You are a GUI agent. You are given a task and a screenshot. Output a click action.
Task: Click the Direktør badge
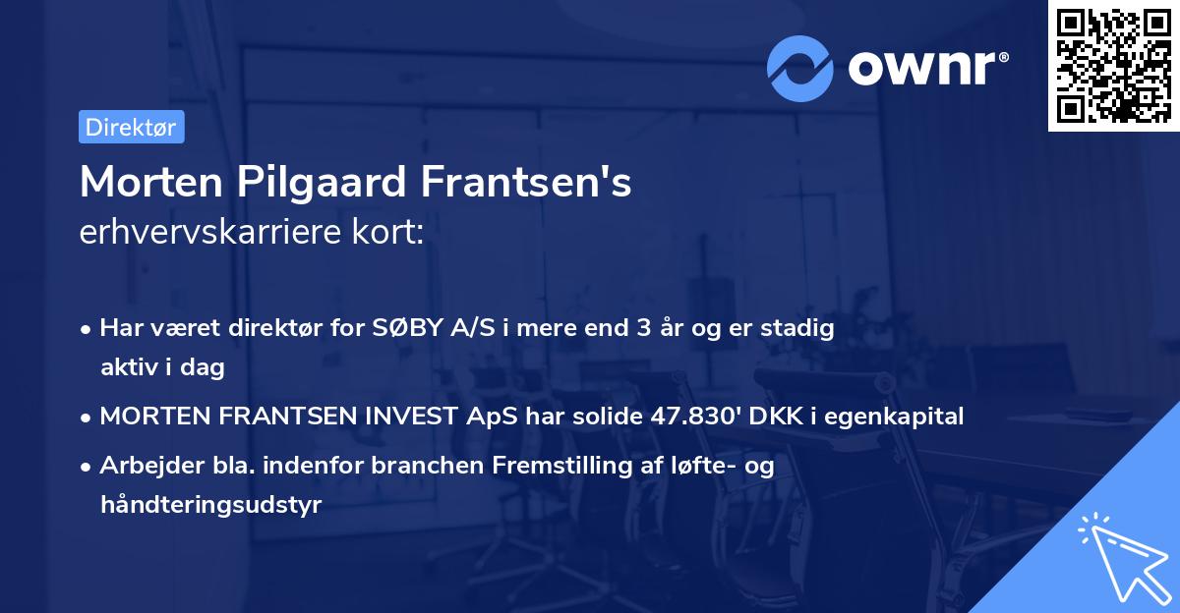point(131,127)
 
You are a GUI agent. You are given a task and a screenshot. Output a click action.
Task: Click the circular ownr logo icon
point(800,68)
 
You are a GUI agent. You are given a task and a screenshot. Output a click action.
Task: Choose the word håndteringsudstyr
point(210,505)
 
